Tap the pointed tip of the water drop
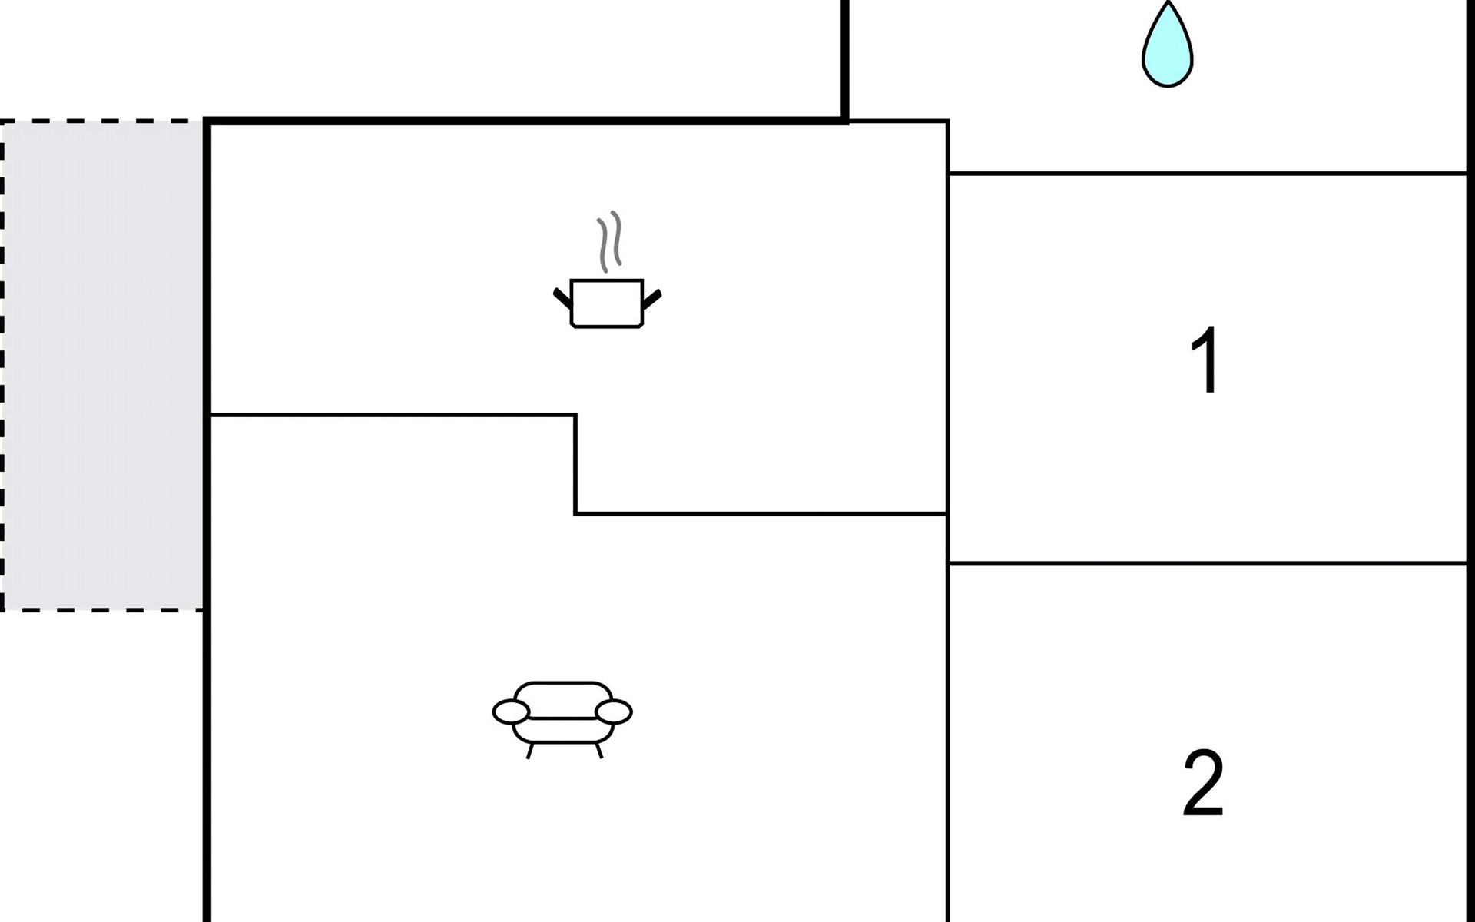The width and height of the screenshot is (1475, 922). point(1168,2)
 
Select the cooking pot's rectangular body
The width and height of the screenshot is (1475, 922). point(607,303)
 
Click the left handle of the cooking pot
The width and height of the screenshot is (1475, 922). point(562,298)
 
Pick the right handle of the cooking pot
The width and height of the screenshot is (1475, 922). point(651,299)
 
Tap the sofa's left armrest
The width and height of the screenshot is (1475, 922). point(511,712)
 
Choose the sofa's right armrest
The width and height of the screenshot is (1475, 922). point(614,712)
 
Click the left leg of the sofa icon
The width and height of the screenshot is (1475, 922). point(529,751)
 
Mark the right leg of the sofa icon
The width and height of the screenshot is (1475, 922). point(599,751)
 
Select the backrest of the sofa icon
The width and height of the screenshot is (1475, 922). point(563,699)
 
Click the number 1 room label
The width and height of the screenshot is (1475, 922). point(1205,360)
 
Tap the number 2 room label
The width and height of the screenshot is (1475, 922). point(1203,783)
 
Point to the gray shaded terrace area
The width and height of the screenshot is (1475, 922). point(103,365)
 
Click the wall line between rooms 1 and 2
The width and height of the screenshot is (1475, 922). point(1208,563)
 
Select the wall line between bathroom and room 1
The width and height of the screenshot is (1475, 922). point(1208,174)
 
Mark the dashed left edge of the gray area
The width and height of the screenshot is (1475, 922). point(2,365)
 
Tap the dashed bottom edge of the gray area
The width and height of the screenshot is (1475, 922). point(103,610)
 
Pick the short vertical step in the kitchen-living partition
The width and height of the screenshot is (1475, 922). point(575,464)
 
